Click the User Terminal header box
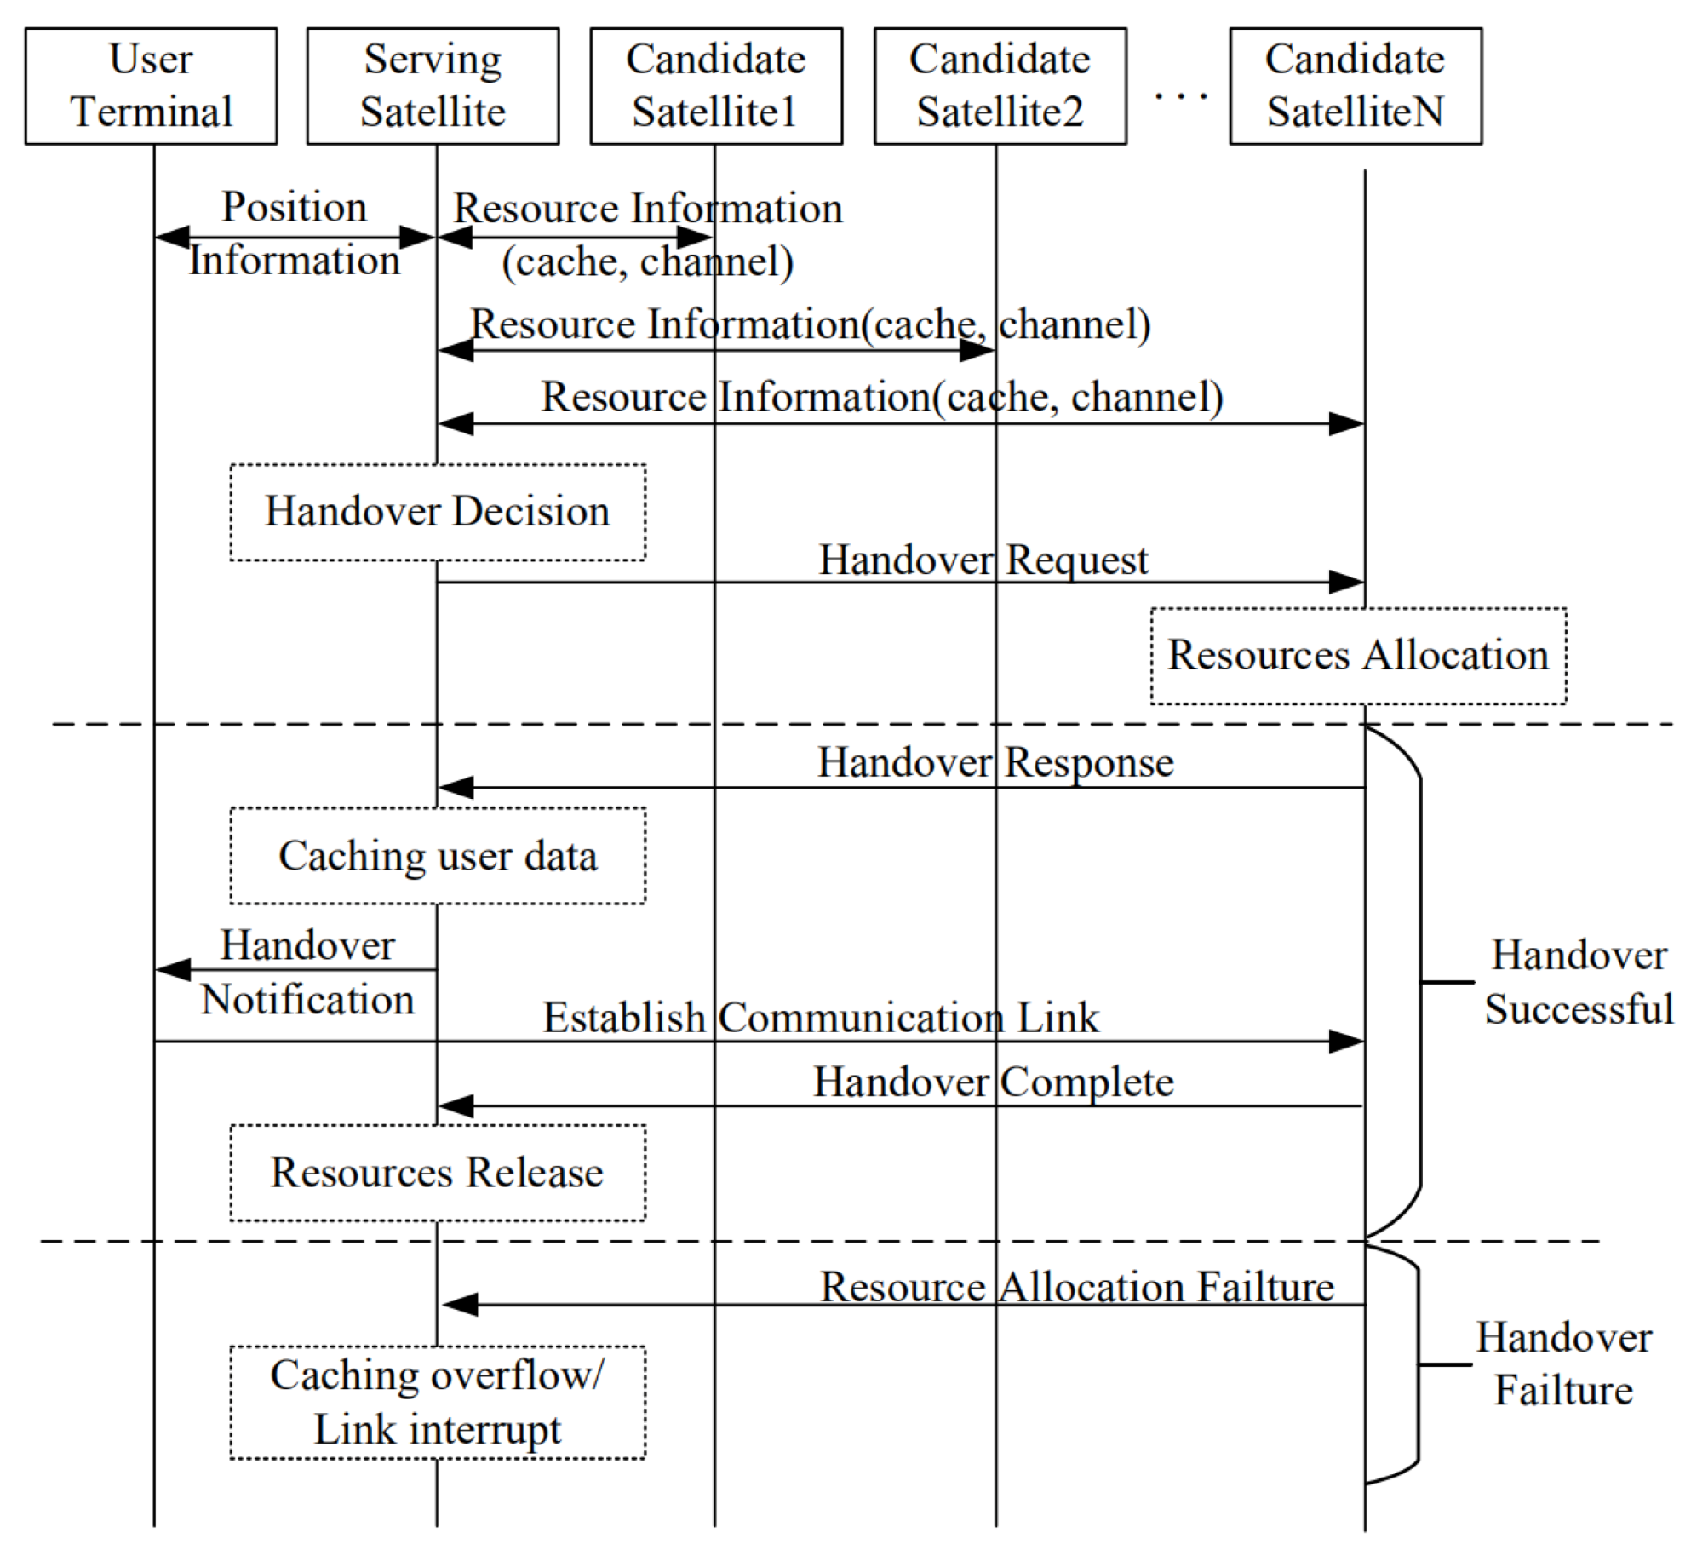tap(151, 86)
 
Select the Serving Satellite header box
tap(433, 86)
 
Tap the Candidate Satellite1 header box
tap(716, 86)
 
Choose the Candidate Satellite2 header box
tap(1000, 86)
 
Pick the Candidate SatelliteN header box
tap(1355, 86)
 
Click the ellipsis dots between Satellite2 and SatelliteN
tap(1180, 95)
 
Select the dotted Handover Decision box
tap(438, 512)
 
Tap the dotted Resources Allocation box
tap(1357, 656)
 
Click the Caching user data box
tap(438, 855)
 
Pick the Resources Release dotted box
tap(438, 1172)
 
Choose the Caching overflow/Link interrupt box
tap(438, 1402)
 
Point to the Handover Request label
tap(983, 560)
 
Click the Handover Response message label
tap(995, 762)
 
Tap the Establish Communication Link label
tap(821, 1017)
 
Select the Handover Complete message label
tap(993, 1082)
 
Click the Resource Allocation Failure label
tap(1076, 1286)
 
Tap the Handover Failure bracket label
tap(1563, 1364)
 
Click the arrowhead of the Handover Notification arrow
tap(173, 969)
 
